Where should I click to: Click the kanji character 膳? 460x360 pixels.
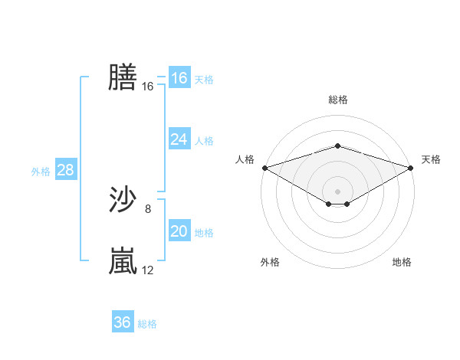click(x=123, y=77)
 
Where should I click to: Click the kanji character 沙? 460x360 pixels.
click(x=123, y=200)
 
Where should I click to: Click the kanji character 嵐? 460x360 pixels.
click(x=123, y=261)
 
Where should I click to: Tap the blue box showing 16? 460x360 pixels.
click(x=179, y=78)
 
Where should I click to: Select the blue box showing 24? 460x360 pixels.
click(x=179, y=139)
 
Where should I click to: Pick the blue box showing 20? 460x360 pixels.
click(x=179, y=231)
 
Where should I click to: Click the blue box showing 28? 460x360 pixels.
click(x=65, y=170)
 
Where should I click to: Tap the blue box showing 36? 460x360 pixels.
click(x=122, y=322)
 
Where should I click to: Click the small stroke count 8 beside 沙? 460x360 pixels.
click(x=148, y=208)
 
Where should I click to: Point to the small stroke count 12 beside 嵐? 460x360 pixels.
click(x=148, y=270)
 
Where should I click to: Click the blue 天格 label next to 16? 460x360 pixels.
click(x=204, y=79)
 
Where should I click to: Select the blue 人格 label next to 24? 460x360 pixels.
click(x=204, y=140)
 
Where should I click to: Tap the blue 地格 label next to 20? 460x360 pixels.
click(x=204, y=232)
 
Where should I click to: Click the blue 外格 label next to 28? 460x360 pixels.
click(x=41, y=172)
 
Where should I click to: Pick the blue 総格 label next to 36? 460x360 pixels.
click(x=147, y=324)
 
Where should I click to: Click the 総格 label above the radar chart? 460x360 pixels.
click(x=337, y=100)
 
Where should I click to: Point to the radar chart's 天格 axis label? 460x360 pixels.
click(x=431, y=159)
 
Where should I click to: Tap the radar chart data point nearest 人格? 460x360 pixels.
click(x=264, y=167)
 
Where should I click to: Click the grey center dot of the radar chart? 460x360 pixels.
click(x=337, y=190)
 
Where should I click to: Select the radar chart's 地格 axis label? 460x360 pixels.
click(x=402, y=263)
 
